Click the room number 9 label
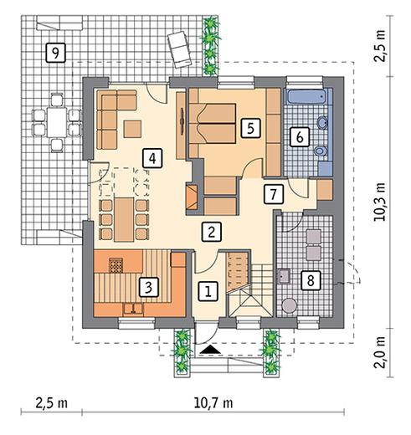tap(55, 53)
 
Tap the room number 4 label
tap(152, 158)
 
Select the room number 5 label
tap(250, 129)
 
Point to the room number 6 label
tap(300, 137)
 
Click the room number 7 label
tap(274, 194)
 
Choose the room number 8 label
tap(311, 280)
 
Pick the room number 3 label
tap(149, 287)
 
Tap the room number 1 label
tap(208, 292)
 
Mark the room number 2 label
tap(212, 232)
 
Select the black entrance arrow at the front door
tap(211, 350)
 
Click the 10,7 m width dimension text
tap(213, 403)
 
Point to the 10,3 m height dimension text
tap(379, 202)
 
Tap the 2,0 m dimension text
tap(380, 352)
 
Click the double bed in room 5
tap(213, 124)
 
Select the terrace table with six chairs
tap(57, 122)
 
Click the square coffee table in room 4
tap(132, 129)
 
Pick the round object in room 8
tap(289, 305)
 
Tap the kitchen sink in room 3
tap(133, 309)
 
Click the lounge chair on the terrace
tap(180, 49)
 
